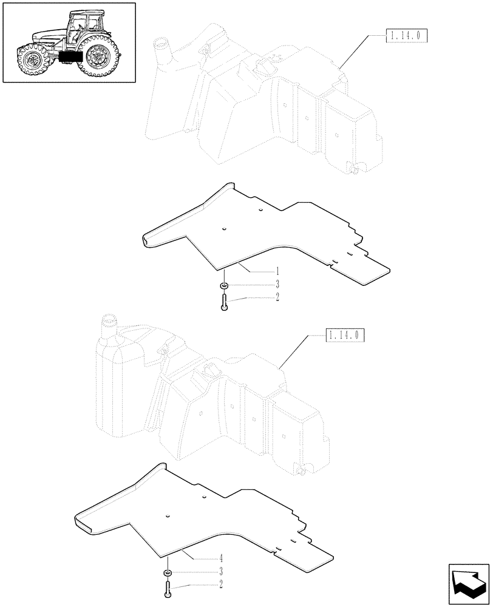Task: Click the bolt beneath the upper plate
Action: (224, 301)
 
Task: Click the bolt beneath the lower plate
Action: (166, 588)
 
